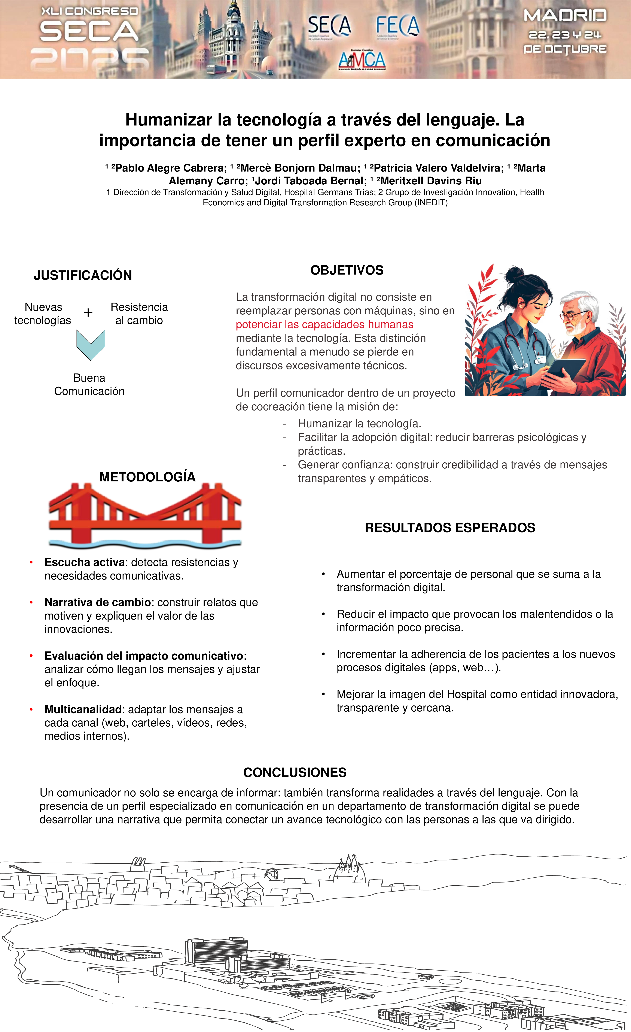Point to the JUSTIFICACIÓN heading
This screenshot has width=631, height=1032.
coord(83,275)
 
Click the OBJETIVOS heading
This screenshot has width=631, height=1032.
coord(347,270)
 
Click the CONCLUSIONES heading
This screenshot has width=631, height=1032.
coord(295,772)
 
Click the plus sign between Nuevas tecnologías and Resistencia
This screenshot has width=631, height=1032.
coord(88,312)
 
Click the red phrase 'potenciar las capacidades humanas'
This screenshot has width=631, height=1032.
coord(324,325)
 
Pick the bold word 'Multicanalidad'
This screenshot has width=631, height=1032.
coord(83,709)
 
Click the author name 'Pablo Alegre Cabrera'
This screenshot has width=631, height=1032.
coord(170,168)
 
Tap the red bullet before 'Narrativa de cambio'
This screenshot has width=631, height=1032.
coord(31,602)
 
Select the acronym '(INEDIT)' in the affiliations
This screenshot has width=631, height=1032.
coord(431,203)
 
